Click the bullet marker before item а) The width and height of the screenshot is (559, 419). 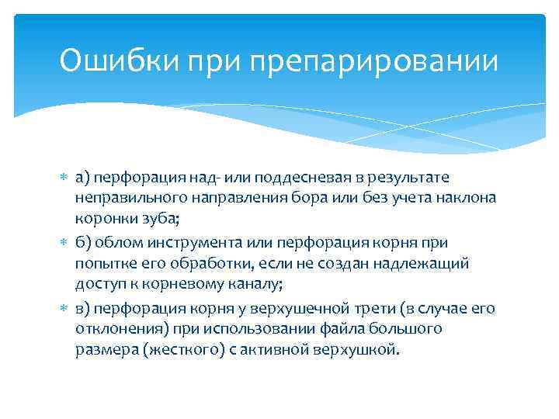[x=64, y=178]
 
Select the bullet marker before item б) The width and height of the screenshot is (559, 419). [x=64, y=243]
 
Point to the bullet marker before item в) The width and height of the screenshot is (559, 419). [x=64, y=308]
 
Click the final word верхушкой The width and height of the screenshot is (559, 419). [x=362, y=350]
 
